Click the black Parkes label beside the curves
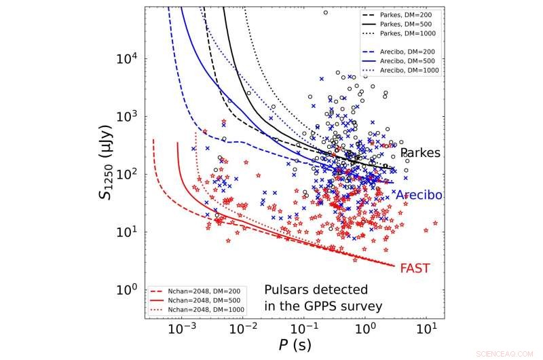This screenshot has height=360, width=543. point(419,154)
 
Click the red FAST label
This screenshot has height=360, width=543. point(414,267)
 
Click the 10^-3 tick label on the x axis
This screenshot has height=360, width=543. point(182,329)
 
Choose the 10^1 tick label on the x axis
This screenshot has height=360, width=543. point(426,329)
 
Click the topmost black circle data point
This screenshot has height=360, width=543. point(325,12)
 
